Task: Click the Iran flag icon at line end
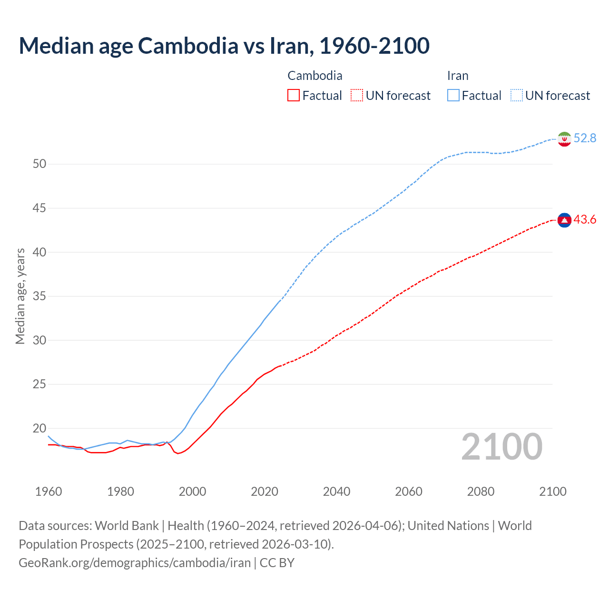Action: pyautogui.click(x=564, y=139)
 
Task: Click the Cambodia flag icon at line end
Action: pyautogui.click(x=564, y=220)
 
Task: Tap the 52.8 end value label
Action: pyautogui.click(x=585, y=138)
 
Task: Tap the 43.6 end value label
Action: pyautogui.click(x=585, y=219)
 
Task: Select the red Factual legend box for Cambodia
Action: pyautogui.click(x=294, y=96)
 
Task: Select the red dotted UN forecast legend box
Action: pyautogui.click(x=357, y=96)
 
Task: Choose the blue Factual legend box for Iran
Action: pyautogui.click(x=453, y=96)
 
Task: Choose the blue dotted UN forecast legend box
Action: pyautogui.click(x=517, y=96)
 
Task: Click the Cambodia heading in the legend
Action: pyautogui.click(x=315, y=76)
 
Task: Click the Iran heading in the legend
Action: pyautogui.click(x=458, y=76)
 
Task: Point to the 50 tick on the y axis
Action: pyautogui.click(x=39, y=164)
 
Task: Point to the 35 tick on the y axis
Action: pyautogui.click(x=39, y=296)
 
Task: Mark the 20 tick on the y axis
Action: pyautogui.click(x=39, y=428)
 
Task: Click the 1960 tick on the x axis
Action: pyautogui.click(x=49, y=491)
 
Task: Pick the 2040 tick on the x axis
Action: pyautogui.click(x=336, y=491)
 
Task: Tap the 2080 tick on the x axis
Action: pyautogui.click(x=481, y=491)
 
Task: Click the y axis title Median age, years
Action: pyautogui.click(x=20, y=296)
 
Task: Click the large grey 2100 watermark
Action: pyautogui.click(x=502, y=446)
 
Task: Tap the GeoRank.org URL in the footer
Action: pyautogui.click(x=135, y=563)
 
